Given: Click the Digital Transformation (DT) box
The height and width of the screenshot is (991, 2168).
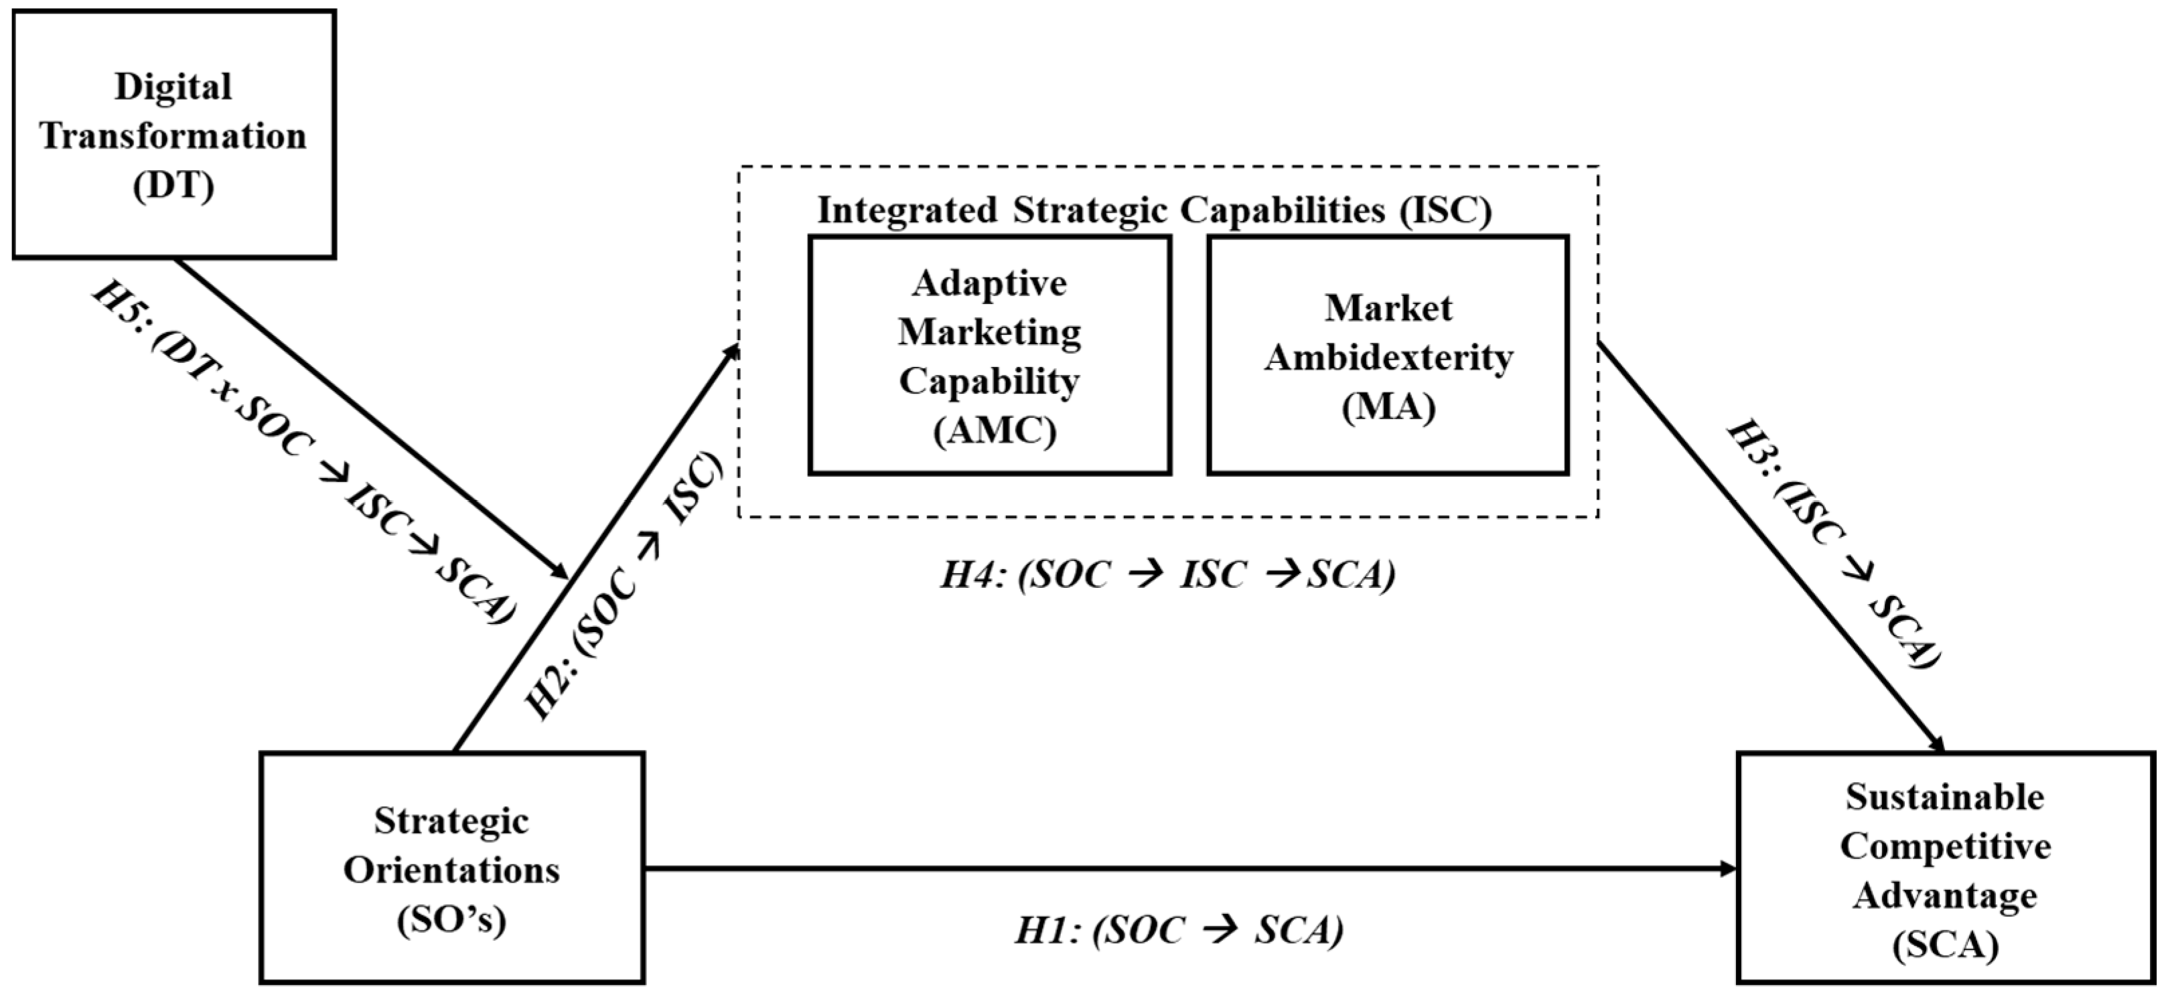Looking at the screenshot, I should coord(174,135).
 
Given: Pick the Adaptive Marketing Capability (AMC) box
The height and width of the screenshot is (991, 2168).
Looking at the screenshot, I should coord(990,355).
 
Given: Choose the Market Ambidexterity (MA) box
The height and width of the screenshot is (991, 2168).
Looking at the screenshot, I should coord(1388,355).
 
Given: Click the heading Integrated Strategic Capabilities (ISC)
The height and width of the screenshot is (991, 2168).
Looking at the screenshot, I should coord(1154,210).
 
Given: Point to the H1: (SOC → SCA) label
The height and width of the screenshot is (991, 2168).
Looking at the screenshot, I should coord(1178,931).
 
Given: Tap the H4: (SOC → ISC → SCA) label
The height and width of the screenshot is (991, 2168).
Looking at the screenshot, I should coord(1167,575).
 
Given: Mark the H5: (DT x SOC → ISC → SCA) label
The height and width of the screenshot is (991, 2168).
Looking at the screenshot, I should coord(303,454).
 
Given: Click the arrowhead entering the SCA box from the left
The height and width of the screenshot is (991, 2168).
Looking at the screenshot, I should coord(1729,868).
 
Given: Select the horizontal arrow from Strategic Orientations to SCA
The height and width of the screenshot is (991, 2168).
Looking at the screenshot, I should coord(1178,868).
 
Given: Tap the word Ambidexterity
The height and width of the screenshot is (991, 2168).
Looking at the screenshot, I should coord(1388,358).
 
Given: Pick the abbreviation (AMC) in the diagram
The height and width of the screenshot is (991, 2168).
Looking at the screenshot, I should coord(994,431).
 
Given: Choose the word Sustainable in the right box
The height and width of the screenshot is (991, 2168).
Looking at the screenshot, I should coord(1945,797).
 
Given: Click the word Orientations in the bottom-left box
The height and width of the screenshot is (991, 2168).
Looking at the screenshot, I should coord(452,870).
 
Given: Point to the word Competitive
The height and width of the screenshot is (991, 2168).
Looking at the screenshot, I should coord(1945,846).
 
